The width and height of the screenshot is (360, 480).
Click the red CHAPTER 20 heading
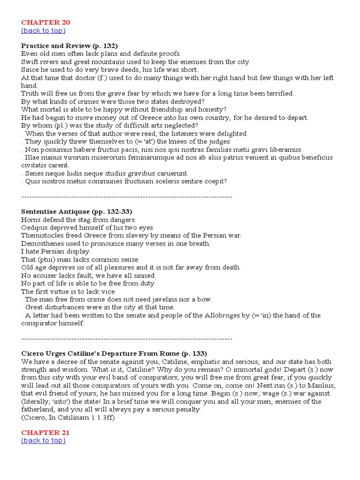(45, 22)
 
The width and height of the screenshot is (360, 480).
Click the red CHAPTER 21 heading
(45, 432)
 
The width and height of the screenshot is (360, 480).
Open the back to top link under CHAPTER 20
(43, 30)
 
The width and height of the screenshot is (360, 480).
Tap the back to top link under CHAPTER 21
(43, 441)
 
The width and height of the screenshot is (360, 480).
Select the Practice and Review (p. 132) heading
(69, 45)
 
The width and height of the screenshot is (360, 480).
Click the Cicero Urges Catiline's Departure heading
(114, 353)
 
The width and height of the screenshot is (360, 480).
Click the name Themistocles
(43, 235)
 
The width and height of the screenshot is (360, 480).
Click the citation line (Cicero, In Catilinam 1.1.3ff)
(68, 417)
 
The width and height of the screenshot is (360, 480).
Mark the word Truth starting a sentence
(30, 93)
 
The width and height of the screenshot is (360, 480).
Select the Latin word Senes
(35, 173)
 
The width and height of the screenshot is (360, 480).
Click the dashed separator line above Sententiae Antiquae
(127, 197)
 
